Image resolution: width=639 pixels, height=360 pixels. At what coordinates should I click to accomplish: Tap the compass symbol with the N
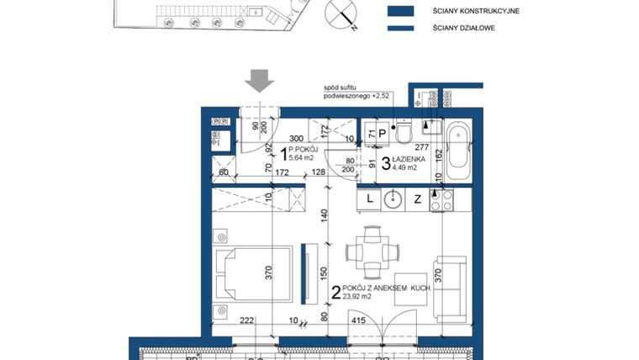pos(344,13)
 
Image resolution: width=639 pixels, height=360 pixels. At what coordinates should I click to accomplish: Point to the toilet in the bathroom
pos(404,135)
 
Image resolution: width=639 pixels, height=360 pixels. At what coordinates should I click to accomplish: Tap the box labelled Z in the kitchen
pos(416,200)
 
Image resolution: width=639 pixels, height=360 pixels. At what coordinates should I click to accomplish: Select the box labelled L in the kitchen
pos(369,200)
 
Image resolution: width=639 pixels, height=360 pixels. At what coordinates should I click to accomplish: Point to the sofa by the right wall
pos(450,286)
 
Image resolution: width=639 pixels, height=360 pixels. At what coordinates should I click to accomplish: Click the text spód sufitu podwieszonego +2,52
pos(351,92)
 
